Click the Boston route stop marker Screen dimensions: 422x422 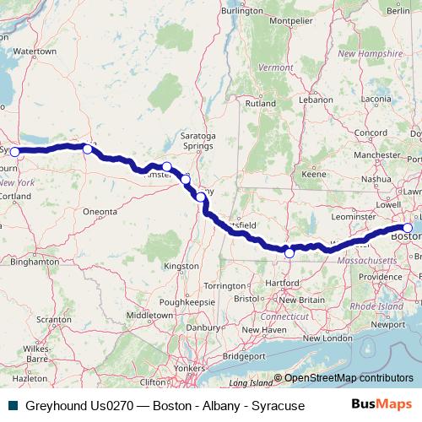pos(408,228)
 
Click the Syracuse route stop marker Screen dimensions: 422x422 pos(14,152)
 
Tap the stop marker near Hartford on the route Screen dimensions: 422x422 pos(289,252)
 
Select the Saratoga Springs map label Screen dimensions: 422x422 pos(198,140)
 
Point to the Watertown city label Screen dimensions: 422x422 pos(35,51)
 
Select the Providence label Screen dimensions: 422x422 pos(381,277)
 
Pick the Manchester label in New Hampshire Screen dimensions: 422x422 pos(376,155)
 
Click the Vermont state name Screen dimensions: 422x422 pos(275,67)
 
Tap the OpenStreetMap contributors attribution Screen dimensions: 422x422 pos(348,378)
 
